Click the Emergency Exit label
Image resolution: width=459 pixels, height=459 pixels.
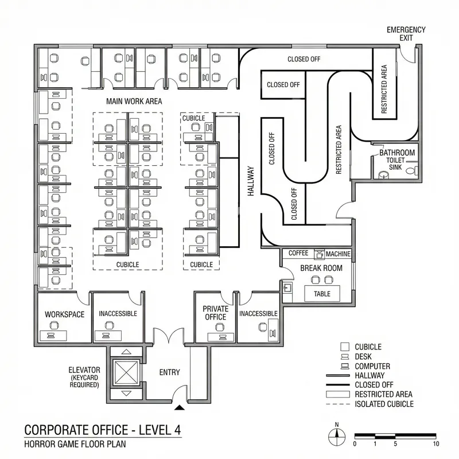coord(406,33)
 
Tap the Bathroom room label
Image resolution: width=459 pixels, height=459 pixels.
coord(396,153)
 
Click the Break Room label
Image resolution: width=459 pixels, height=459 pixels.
coord(321,268)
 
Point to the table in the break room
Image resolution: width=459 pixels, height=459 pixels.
coord(322,293)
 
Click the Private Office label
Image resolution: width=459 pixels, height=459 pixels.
coord(215,313)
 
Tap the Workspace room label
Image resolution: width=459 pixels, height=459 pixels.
coord(64,314)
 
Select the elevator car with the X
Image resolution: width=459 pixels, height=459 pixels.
coord(127,373)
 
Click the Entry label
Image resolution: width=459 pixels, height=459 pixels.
coord(169,372)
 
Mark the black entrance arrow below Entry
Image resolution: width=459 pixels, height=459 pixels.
coord(180,408)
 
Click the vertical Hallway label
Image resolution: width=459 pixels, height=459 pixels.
coord(251,182)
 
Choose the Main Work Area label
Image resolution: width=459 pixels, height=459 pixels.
coord(134,101)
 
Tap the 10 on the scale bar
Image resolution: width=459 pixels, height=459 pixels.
coord(436,444)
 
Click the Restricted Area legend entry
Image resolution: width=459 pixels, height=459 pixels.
coord(383,394)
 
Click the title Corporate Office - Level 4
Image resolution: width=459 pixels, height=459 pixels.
coord(104,430)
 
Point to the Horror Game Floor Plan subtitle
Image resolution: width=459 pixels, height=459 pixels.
coord(75,444)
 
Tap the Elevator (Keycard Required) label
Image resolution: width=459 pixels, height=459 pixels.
coord(84,377)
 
